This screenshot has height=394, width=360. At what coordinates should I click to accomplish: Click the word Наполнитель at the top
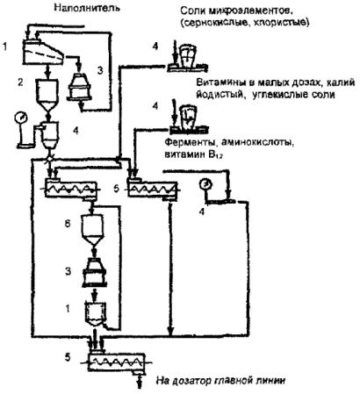click(x=87, y=8)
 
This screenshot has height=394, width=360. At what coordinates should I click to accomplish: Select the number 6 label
click(x=68, y=225)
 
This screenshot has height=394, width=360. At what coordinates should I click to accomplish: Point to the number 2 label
click(x=20, y=82)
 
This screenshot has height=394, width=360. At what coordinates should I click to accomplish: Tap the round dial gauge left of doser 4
click(x=21, y=118)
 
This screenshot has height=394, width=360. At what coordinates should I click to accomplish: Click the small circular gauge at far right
click(x=205, y=184)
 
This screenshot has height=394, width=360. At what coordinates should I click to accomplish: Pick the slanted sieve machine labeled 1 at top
click(x=43, y=53)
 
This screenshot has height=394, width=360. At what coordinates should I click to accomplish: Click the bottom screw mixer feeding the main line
click(x=117, y=362)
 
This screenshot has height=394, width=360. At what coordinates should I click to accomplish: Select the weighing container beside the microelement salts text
click(x=187, y=54)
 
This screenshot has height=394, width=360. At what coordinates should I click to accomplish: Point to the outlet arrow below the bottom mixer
click(x=140, y=381)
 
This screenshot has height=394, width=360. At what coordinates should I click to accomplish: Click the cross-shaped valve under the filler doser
click(x=50, y=158)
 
